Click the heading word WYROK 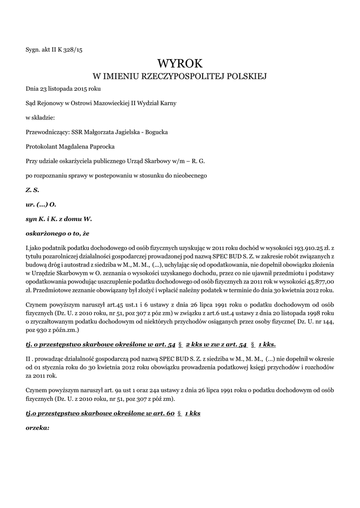[180, 63]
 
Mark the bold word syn [31, 218]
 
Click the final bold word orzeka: [37, 427]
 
